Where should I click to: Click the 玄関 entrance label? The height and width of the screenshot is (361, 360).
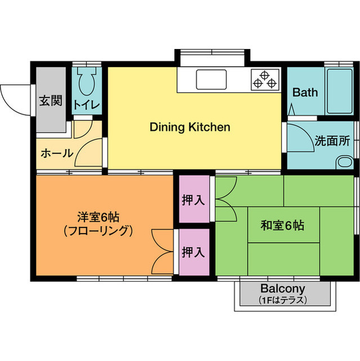point(50,102)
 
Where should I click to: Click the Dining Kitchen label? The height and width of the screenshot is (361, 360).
point(190,127)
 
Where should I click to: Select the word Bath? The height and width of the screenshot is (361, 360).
point(305,93)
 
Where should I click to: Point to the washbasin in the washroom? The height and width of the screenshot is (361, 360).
point(344,162)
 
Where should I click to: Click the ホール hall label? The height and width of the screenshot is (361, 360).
point(57,153)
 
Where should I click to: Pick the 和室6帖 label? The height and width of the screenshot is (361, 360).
point(282,226)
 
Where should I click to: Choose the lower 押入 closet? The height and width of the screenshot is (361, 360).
point(193,252)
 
